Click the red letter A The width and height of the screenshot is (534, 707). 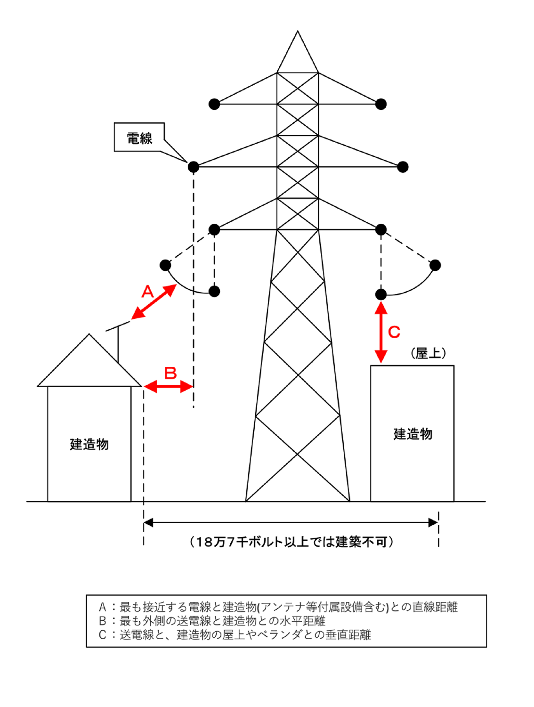(x=148, y=292)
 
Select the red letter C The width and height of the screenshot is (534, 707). (x=394, y=332)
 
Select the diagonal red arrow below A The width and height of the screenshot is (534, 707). (x=154, y=302)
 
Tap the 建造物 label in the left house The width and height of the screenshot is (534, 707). (x=89, y=444)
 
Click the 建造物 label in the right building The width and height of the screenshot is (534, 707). (x=413, y=434)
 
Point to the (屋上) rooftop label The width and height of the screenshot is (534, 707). (x=428, y=353)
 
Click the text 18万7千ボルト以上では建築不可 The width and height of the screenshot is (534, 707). (x=291, y=542)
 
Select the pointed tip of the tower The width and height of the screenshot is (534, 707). (x=297, y=32)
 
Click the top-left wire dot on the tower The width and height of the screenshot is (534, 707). (x=214, y=104)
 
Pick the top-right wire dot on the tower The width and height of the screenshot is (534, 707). (x=381, y=104)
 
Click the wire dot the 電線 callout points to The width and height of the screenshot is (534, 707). (x=193, y=167)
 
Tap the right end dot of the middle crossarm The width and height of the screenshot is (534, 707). (x=403, y=167)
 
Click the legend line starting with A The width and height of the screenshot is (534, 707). (x=278, y=607)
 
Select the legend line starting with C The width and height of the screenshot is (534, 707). (x=235, y=635)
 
